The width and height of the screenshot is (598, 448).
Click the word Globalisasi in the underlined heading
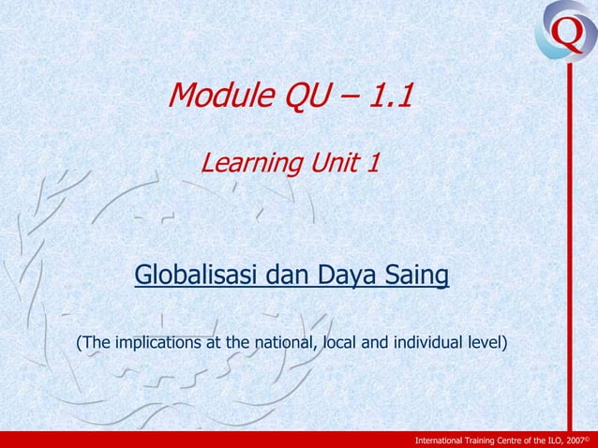(199, 276)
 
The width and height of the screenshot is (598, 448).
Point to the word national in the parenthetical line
(278, 341)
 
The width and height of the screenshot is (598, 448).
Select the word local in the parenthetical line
(340, 341)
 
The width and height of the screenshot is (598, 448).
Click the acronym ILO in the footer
(555, 439)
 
